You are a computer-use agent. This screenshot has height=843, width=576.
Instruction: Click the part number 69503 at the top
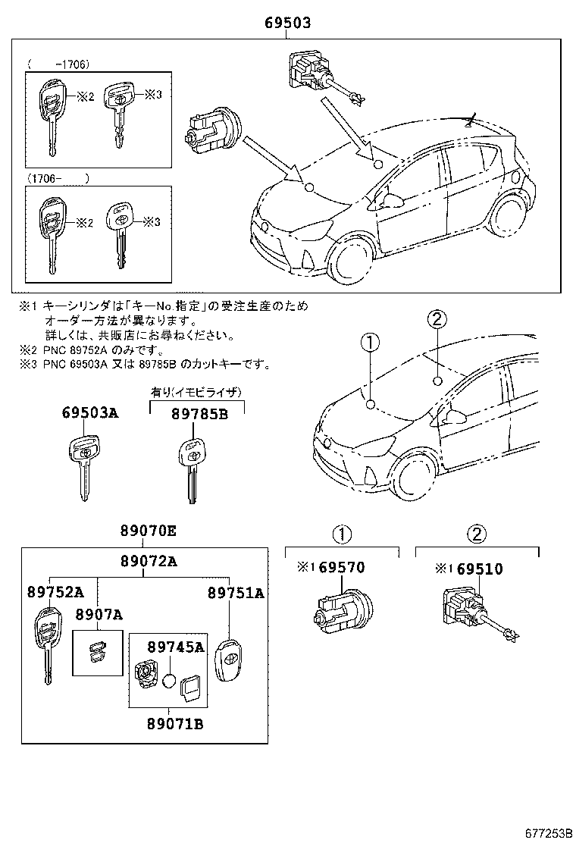287,24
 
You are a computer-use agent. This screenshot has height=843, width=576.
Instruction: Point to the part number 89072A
149,561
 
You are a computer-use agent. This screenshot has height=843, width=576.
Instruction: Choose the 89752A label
56,593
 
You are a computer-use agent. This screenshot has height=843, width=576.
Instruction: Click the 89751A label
236,593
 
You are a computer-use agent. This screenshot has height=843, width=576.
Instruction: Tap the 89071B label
174,723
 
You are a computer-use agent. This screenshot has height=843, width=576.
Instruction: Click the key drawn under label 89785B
190,469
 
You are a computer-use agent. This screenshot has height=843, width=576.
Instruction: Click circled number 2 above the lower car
436,320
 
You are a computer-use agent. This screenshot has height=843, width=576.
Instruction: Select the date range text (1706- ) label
59,178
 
